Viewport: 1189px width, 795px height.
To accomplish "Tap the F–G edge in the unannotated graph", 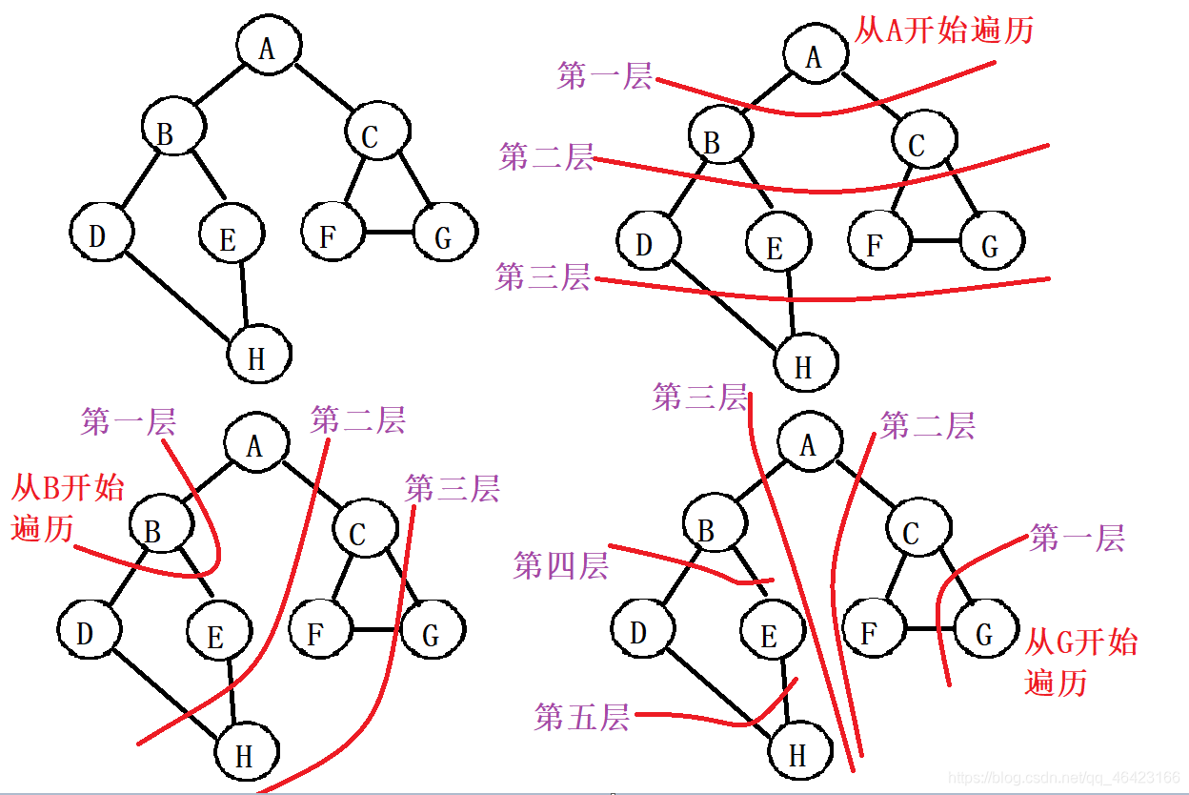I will [x=389, y=233].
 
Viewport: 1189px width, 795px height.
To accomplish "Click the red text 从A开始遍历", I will [x=943, y=31].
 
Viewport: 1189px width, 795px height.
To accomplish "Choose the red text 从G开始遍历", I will [x=1080, y=662].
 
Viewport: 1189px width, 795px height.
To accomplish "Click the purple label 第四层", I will [x=560, y=565].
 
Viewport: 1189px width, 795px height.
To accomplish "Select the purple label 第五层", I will [x=582, y=717].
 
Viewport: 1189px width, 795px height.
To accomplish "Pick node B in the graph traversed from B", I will [x=153, y=529].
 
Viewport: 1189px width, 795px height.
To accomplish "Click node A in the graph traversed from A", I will [x=814, y=57].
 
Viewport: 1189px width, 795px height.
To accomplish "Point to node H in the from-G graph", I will [x=798, y=754].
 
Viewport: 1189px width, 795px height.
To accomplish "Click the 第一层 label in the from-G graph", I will [x=1077, y=538].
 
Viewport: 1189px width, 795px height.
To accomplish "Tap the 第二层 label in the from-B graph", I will [x=357, y=419].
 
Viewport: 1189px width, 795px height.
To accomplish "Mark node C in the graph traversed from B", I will [x=359, y=533].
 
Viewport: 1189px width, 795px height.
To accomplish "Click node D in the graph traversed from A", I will [x=645, y=244].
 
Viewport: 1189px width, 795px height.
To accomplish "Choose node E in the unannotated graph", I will [x=228, y=238].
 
